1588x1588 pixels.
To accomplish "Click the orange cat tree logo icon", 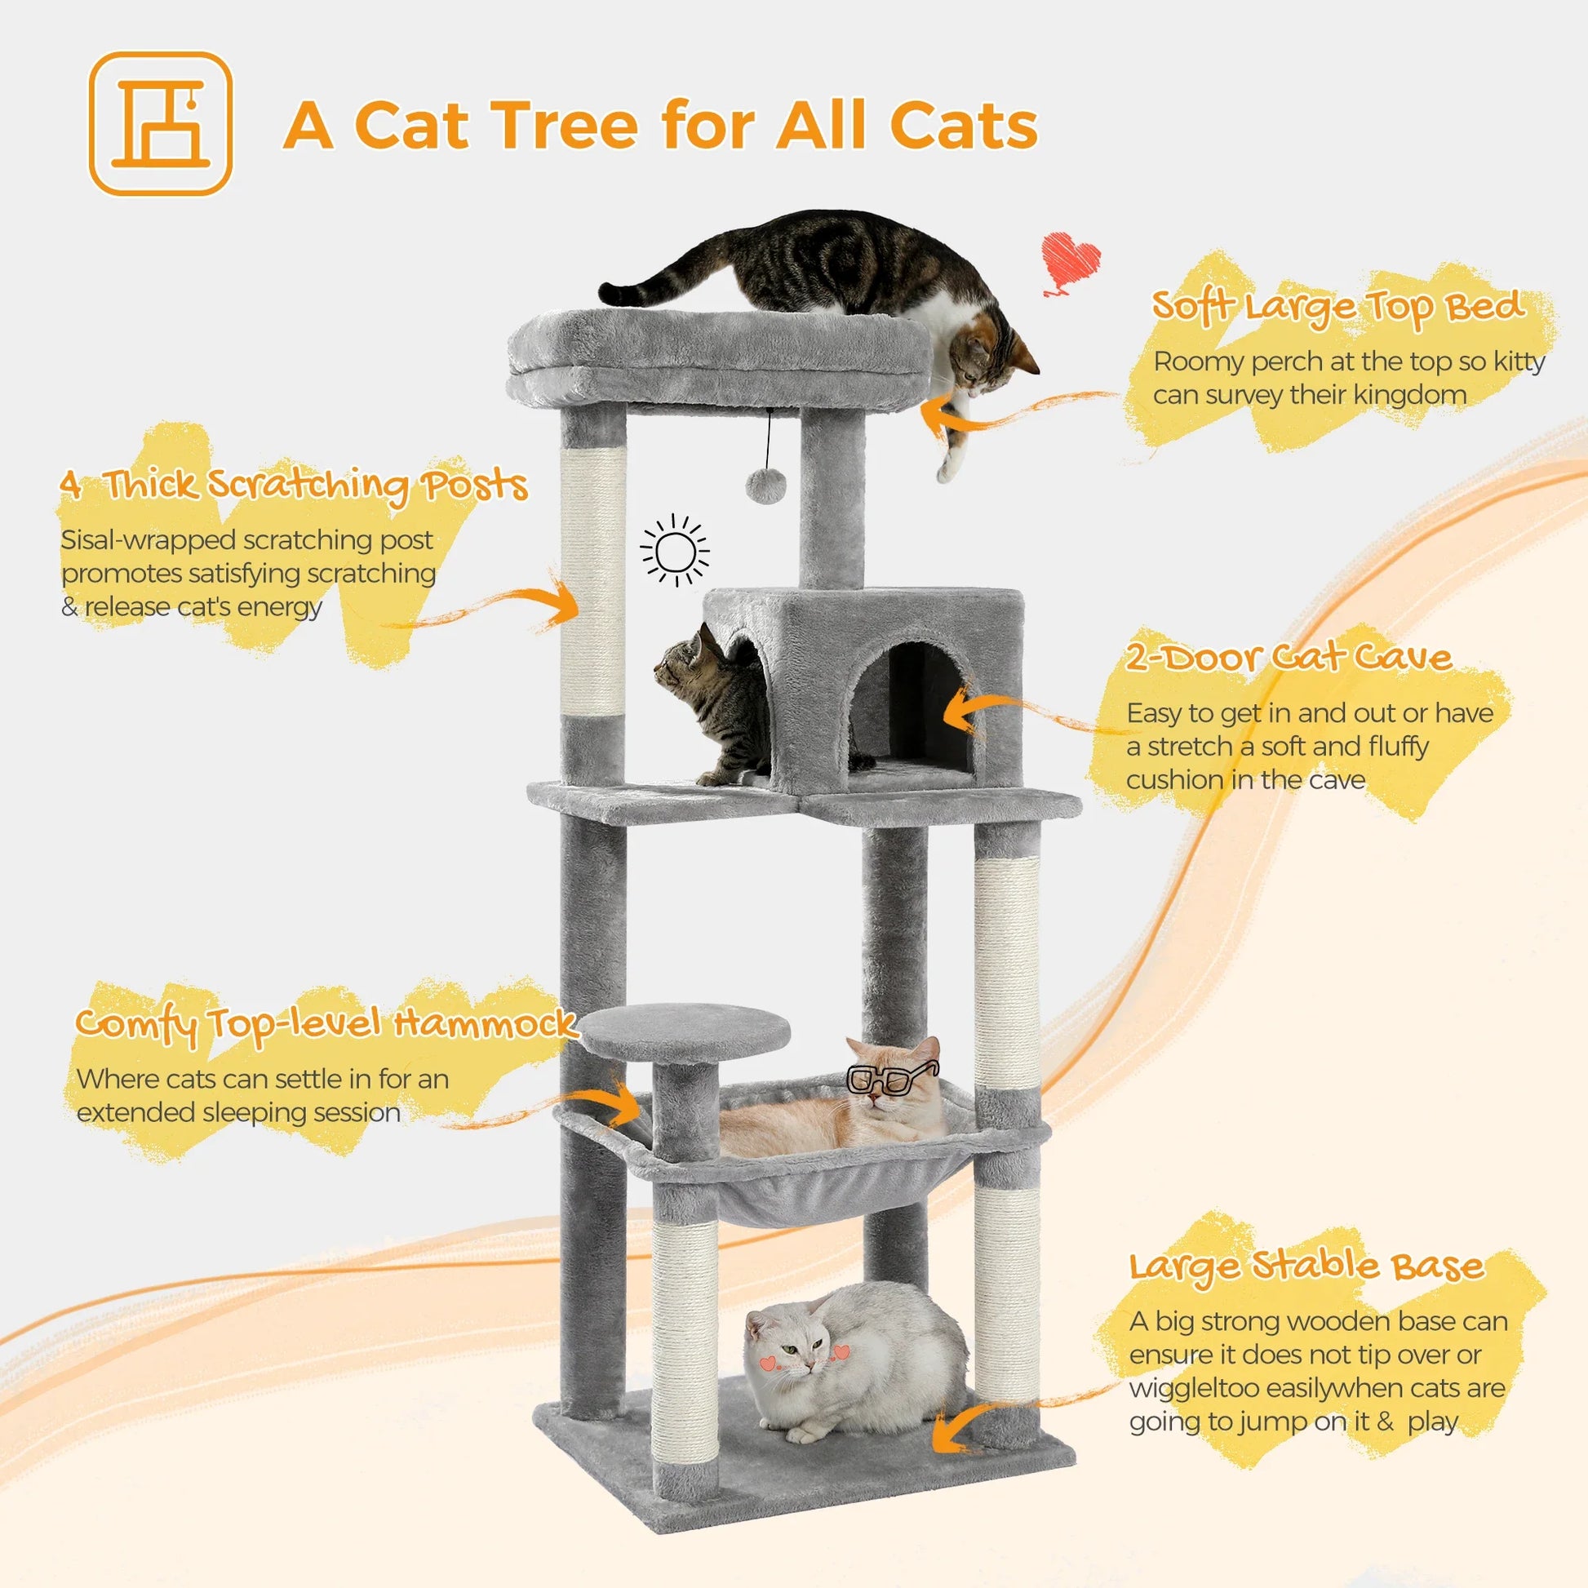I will point(160,124).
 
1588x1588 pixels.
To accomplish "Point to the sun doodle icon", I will point(675,551).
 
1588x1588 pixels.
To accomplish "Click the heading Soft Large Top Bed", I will point(1337,307).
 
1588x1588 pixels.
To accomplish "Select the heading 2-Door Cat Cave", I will point(1287,658).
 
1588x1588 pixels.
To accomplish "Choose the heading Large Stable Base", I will point(1306,1266).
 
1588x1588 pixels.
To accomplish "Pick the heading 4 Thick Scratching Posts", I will point(294,484).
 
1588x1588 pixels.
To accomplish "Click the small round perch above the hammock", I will point(685,1031).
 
